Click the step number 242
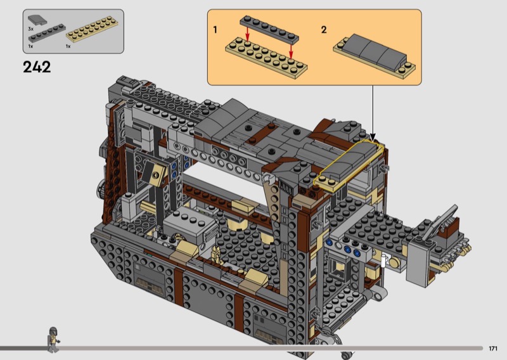click(37, 67)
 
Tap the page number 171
click(493, 349)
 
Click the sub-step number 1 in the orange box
click(215, 30)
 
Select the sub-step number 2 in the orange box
click(324, 30)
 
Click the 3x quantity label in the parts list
click(30, 29)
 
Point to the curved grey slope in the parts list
click(37, 20)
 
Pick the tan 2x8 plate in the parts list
click(92, 29)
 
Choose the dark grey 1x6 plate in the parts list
click(47, 34)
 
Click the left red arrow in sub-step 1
click(247, 34)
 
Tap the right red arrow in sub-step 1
click(291, 52)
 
